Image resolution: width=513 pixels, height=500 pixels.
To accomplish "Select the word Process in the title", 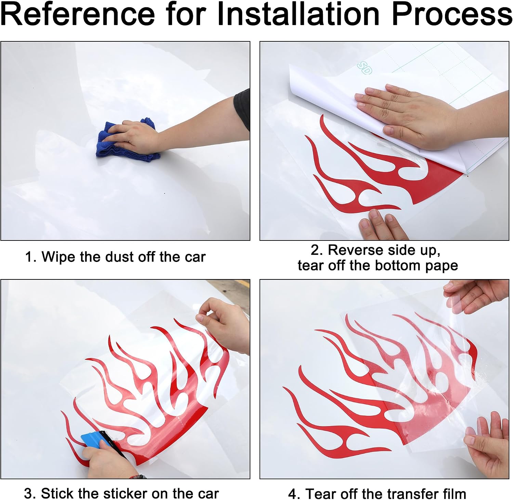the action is click(x=451, y=14).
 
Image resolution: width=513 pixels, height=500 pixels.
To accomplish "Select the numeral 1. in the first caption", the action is click(x=30, y=257).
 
